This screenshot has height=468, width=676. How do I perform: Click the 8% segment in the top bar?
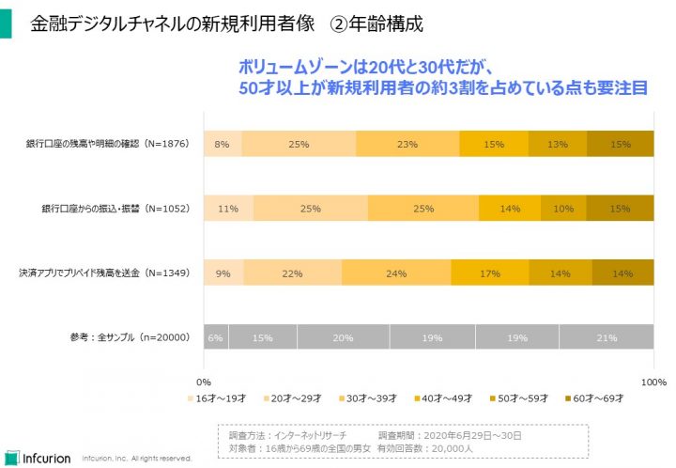222,144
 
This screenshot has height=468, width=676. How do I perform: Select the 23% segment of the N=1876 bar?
407,144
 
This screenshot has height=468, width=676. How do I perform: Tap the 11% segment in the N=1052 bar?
227,209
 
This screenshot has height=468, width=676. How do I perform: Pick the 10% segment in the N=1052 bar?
563,209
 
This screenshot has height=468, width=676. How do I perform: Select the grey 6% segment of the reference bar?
215,337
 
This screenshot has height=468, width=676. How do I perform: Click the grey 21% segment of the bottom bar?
607,337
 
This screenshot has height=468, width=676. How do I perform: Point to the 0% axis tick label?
203,382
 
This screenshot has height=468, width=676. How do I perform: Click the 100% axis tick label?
653,382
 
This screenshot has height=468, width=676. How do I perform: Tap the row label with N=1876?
109,144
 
